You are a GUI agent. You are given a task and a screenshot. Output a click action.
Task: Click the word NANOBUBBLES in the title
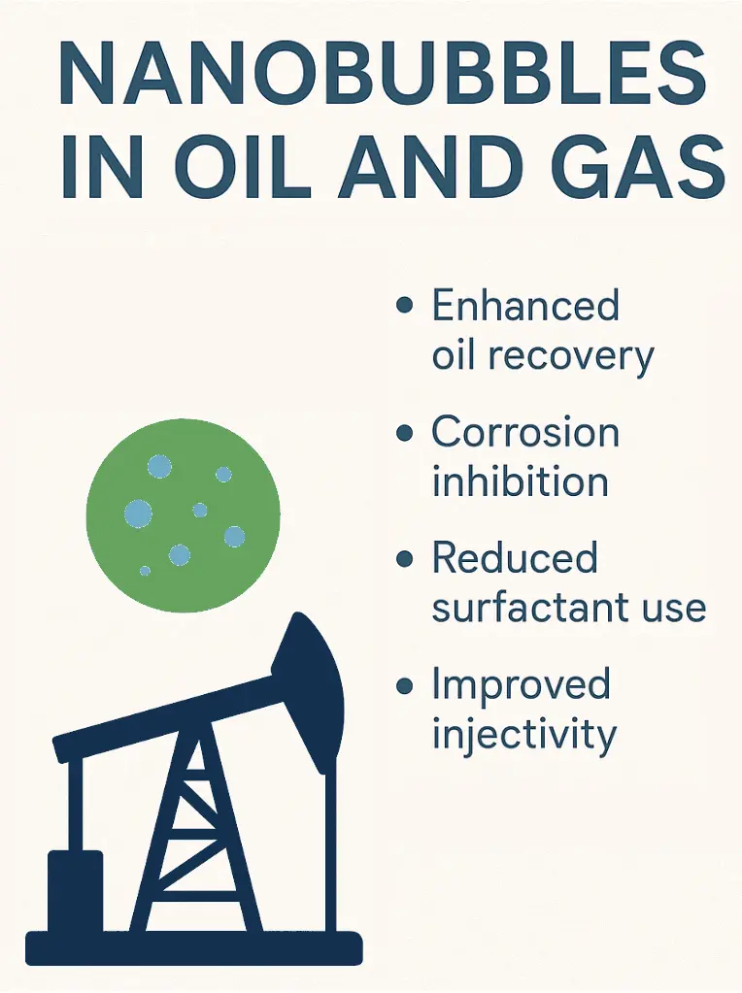[x=382, y=75]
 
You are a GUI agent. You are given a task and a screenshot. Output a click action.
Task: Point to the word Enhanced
[x=525, y=305]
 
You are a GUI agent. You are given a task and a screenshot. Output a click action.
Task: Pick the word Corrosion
[x=525, y=432]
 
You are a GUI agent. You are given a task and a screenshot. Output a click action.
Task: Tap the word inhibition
[x=521, y=481]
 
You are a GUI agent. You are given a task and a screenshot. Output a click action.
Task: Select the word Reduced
[x=515, y=557]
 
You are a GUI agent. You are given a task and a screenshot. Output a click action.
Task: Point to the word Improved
[x=521, y=685]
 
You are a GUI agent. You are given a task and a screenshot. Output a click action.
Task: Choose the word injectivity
[x=524, y=736]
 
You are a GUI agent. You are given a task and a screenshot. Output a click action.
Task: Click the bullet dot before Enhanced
[x=405, y=305]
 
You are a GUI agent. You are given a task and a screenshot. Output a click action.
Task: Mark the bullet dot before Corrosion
[x=405, y=433]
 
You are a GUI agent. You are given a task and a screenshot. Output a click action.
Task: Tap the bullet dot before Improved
[x=405, y=686]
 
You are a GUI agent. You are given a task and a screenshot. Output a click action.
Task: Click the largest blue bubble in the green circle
[x=138, y=513]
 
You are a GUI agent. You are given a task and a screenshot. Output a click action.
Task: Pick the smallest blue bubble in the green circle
[x=145, y=571]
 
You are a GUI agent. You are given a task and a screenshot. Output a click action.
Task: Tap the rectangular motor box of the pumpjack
[x=76, y=891]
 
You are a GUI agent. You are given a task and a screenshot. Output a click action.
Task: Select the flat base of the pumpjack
[x=194, y=948]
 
